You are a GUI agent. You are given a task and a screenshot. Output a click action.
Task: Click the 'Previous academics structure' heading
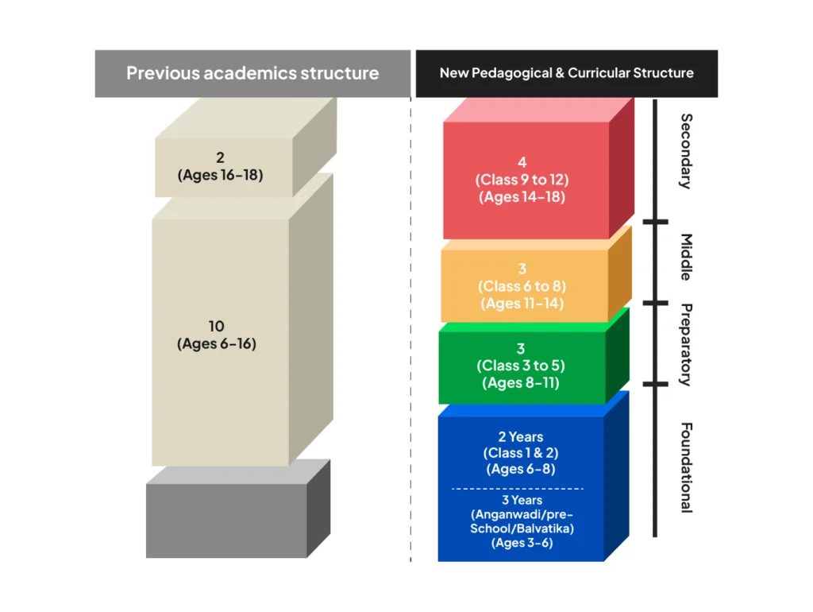pos(252,74)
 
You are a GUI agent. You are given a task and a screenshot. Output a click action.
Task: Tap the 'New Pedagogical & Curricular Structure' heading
pos(566,73)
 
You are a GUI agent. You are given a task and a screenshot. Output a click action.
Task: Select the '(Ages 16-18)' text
pos(220,175)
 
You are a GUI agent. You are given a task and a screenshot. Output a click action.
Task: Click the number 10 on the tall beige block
pos(216,327)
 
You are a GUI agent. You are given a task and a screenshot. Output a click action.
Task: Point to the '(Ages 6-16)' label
pos(216,344)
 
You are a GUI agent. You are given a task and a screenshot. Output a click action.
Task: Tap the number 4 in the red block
pos(522,163)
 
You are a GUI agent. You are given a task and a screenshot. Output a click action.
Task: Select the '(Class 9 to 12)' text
pos(522,180)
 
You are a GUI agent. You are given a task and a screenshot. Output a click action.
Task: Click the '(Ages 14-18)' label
pos(522,197)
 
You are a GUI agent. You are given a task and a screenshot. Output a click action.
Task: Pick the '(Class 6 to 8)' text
pos(522,286)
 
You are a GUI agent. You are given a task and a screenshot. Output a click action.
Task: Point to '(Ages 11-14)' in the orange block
pos(522,303)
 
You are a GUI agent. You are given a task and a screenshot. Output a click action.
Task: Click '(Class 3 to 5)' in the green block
pos(521,366)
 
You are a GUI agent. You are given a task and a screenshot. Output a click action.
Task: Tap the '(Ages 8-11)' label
pos(521,383)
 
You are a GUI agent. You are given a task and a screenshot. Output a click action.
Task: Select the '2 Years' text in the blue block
pos(521,436)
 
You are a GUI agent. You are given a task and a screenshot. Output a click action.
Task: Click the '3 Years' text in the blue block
pos(522,500)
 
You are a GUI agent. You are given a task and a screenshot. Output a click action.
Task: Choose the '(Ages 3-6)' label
pos(522,543)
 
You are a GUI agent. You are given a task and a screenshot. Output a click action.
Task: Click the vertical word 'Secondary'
pos(687,151)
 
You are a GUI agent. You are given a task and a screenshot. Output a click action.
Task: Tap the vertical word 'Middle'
pos(687,258)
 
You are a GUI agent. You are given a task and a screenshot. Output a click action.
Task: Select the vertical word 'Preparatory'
pos(687,344)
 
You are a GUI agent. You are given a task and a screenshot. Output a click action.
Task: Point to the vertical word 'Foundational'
pos(687,467)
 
